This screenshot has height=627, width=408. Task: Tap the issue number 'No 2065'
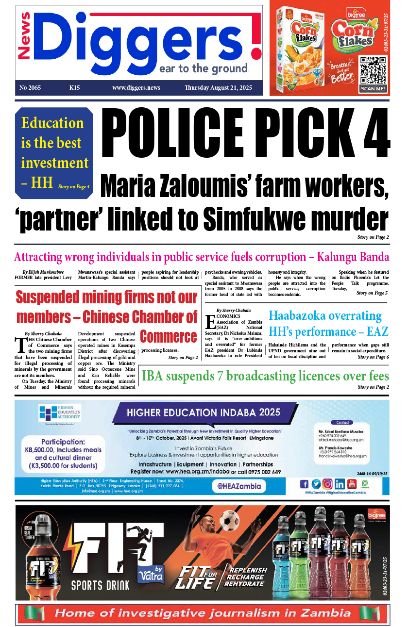[30, 88]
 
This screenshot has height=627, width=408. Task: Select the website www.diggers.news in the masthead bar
[136, 88]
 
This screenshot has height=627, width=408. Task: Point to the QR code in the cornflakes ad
[373, 70]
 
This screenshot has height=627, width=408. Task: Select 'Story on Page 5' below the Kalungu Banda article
[372, 293]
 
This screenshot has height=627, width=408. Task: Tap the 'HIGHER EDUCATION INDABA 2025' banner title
[204, 412]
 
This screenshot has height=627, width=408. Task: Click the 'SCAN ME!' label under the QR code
[373, 89]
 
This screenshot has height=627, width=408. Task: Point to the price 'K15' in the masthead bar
[74, 88]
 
